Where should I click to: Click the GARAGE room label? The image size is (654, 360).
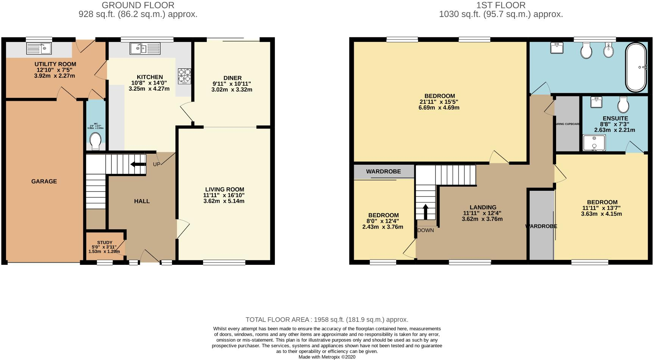44,181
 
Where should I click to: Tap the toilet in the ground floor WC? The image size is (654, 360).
96,141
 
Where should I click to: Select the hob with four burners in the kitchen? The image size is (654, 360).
184,75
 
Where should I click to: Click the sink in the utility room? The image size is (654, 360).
40,48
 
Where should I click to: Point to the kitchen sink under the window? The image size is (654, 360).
145,48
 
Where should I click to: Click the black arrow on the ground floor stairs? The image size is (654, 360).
138,164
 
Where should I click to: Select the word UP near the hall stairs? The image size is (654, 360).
157,164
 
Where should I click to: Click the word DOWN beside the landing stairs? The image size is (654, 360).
426,230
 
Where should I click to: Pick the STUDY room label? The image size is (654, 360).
105,243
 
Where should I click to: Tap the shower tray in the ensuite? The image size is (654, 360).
594,143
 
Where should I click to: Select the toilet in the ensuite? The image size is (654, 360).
623,104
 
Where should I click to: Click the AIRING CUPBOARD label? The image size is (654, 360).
567,124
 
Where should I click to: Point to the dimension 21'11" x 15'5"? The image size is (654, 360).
439,102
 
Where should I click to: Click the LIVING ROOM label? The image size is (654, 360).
225,189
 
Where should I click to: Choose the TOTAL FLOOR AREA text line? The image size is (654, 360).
327,320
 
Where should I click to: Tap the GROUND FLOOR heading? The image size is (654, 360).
138,5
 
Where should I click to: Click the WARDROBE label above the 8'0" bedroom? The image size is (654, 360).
383,172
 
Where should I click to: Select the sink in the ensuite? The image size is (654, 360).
596,102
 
